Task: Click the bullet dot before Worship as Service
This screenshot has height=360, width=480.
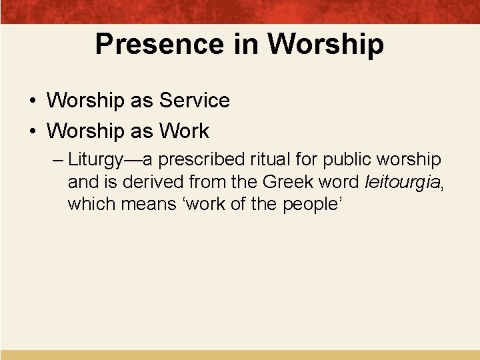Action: (32, 101)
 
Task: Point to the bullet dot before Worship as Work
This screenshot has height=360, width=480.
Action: (32, 131)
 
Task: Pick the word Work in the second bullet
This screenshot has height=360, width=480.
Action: (185, 131)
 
